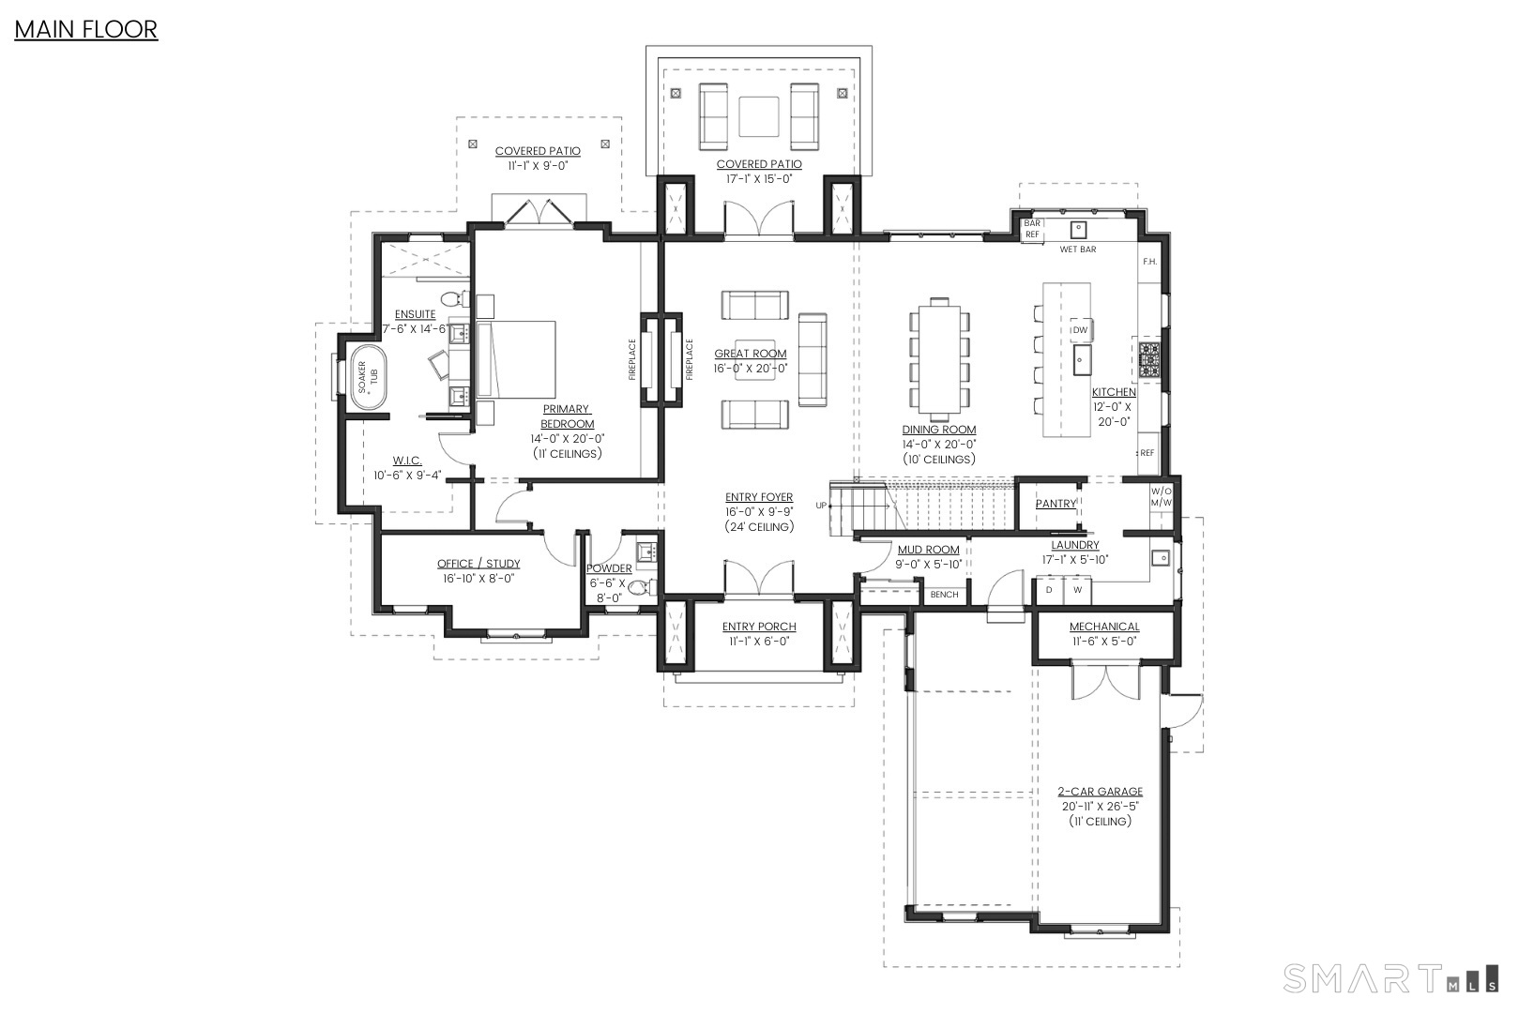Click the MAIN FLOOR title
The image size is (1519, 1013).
pyautogui.click(x=85, y=30)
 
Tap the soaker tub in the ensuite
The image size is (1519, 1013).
pyautogui.click(x=367, y=376)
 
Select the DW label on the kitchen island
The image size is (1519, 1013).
pyautogui.click(x=1080, y=330)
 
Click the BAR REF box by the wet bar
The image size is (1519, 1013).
pyautogui.click(x=1032, y=229)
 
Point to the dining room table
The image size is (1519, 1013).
pyautogui.click(x=939, y=360)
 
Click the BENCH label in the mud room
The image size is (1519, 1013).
pyautogui.click(x=944, y=595)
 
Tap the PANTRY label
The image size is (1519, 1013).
pyautogui.click(x=1056, y=504)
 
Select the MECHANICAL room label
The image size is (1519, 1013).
pyautogui.click(x=1104, y=627)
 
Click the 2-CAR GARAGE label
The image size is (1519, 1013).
pyautogui.click(x=1101, y=792)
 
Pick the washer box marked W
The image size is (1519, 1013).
pyautogui.click(x=1077, y=591)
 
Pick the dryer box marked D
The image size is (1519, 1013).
pyautogui.click(x=1049, y=591)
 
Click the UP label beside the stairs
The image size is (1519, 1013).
pyautogui.click(x=821, y=506)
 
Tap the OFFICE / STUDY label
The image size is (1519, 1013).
pyautogui.click(x=478, y=564)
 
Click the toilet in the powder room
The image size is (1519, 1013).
pyautogui.click(x=640, y=588)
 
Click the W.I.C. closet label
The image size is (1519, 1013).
pyautogui.click(x=407, y=461)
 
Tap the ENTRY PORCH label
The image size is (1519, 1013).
pyautogui.click(x=759, y=627)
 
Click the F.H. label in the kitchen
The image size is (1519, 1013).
pyautogui.click(x=1149, y=262)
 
